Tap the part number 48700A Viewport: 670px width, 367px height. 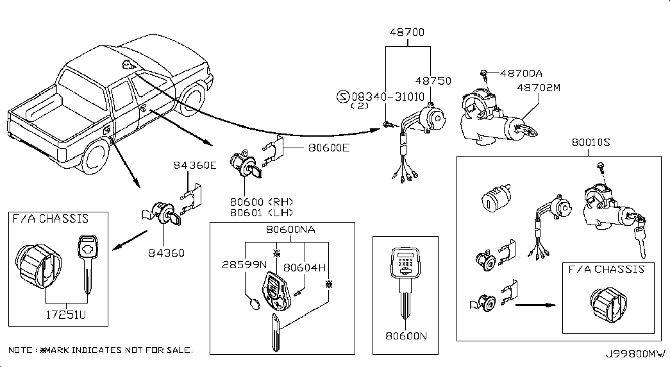[521, 74]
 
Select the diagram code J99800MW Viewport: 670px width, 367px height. [633, 354]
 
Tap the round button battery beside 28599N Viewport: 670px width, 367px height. [253, 302]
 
